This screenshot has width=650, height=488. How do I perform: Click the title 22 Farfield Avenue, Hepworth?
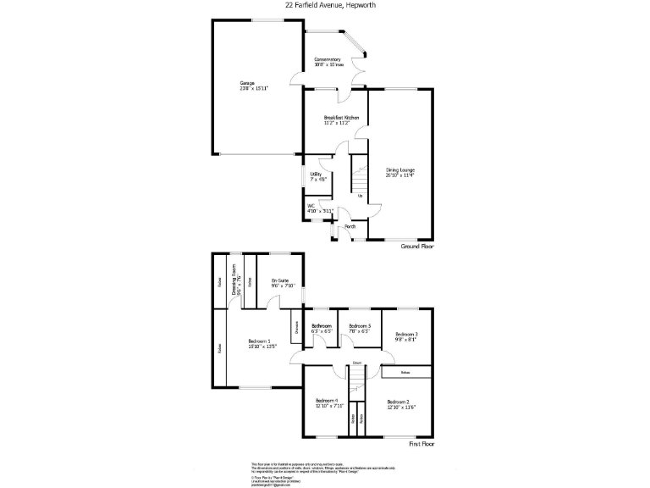[x=324, y=6]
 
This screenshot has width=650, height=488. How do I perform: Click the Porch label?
[x=350, y=226]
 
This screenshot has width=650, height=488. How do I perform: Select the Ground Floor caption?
[x=416, y=247]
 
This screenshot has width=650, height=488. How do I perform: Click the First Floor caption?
[x=421, y=443]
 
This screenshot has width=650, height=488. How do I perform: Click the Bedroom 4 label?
[x=327, y=402]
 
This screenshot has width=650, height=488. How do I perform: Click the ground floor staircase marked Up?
[x=360, y=182]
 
